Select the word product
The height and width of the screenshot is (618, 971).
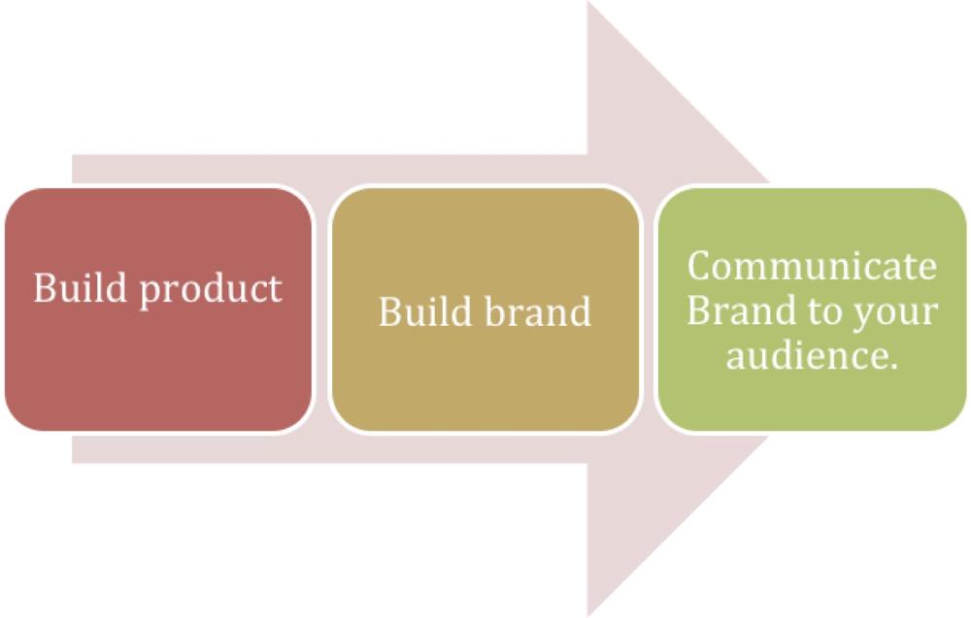pos(211,291)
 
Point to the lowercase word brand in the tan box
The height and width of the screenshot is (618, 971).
pos(538,310)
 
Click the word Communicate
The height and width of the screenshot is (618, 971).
pos(812,266)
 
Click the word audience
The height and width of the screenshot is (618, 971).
pos(808,355)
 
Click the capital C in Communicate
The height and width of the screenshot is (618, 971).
pos(700,266)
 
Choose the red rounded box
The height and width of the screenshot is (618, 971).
pos(158,309)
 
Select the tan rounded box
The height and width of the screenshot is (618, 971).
pos(485,309)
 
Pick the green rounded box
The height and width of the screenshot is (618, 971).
pos(812,309)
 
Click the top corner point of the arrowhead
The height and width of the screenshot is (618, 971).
pos(587,2)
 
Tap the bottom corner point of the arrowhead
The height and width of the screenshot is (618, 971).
pos(587,616)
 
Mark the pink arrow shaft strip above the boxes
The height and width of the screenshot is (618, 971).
pos(329,170)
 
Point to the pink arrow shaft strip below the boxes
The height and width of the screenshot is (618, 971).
pos(329,449)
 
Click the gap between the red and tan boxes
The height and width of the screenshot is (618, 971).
pos(322,309)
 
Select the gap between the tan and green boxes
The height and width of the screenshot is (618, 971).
pos(649,309)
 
